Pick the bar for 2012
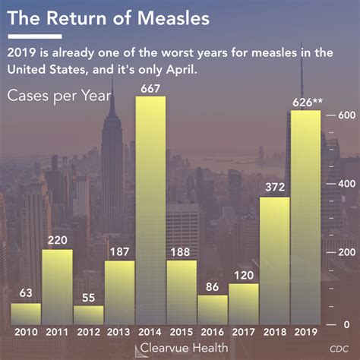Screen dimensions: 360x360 point(88,315)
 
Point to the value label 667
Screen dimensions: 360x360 point(150,89)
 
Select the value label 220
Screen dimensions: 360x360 point(57,241)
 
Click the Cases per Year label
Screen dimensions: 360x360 point(59,96)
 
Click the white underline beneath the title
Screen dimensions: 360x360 point(34,36)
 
